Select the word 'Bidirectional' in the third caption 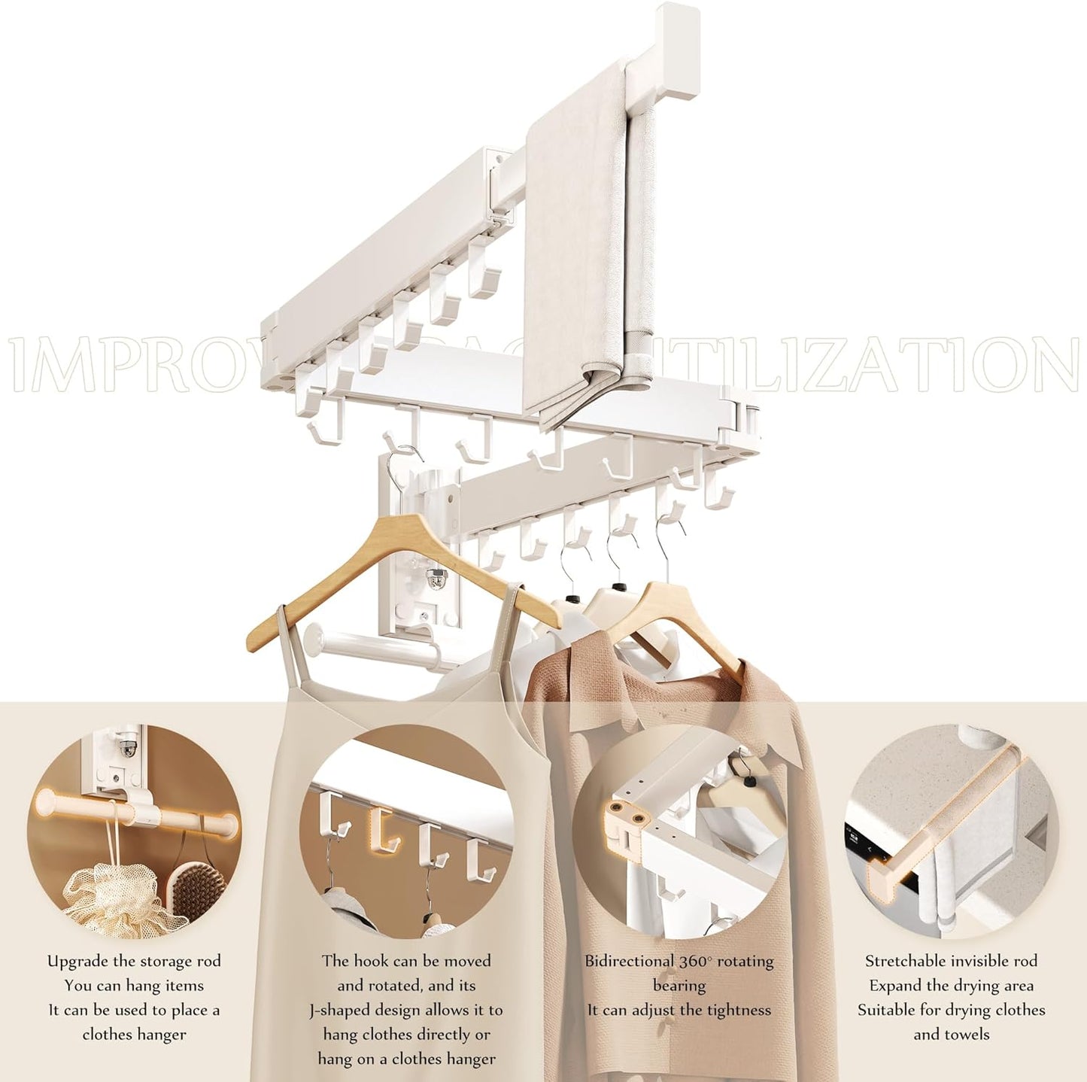point(629,961)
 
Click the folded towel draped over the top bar point(575,248)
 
